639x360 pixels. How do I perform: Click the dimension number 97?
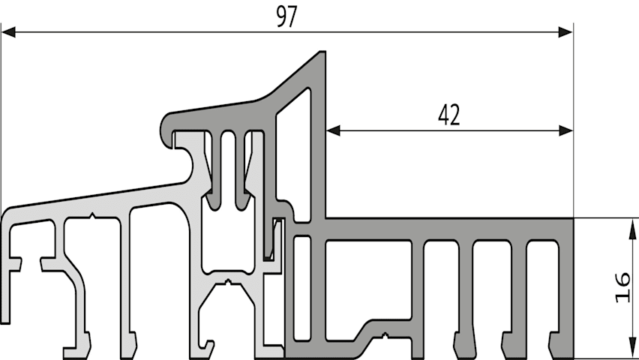pyautogui.click(x=287, y=16)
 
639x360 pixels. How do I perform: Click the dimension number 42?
pyautogui.click(x=449, y=115)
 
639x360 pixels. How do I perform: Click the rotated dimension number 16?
pyautogui.click(x=622, y=288)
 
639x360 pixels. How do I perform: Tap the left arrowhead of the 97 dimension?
pyautogui.click(x=8, y=31)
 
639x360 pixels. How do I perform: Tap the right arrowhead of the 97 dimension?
pyautogui.click(x=565, y=31)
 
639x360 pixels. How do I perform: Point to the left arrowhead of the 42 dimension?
pyautogui.click(x=333, y=130)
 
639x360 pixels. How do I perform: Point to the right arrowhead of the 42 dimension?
pyautogui.click(x=565, y=130)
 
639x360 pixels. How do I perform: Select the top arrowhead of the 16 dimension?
pyautogui.click(x=632, y=229)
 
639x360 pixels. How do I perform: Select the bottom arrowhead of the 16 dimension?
pyautogui.click(x=632, y=349)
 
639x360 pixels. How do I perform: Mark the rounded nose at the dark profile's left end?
pyautogui.click(x=166, y=127)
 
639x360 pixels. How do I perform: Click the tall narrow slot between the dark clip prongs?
pyautogui.click(x=228, y=167)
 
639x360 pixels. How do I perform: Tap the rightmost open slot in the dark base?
pyautogui.click(x=542, y=293)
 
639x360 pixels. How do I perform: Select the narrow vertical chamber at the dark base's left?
pyautogui.click(x=302, y=288)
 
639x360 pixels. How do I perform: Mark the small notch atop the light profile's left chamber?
pyautogui.click(x=92, y=215)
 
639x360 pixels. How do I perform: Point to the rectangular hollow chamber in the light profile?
pyautogui.click(x=228, y=235)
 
